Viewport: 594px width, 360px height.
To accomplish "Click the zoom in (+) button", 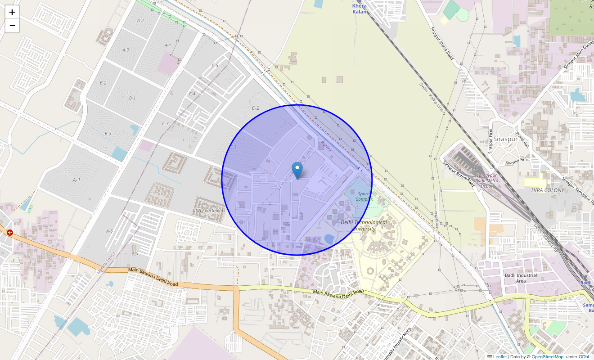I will click(x=12, y=12).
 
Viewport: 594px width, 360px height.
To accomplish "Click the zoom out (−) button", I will click(x=12, y=26).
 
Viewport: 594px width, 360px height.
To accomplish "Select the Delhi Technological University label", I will click(x=364, y=225).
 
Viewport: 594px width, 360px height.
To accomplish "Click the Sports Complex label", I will click(x=364, y=196).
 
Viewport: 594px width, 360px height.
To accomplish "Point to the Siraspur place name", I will click(x=505, y=139).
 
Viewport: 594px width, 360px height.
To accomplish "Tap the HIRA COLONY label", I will click(x=548, y=190).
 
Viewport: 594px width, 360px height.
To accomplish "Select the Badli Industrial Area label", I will click(x=520, y=278).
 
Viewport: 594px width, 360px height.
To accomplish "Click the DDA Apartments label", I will click(x=209, y=210).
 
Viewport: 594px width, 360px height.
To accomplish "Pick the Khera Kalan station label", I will click(x=360, y=9).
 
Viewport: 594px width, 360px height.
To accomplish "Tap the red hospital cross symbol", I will click(x=10, y=233).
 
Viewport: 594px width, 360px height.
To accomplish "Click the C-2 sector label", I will click(x=256, y=108).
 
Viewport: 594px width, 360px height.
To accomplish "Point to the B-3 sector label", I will click(x=108, y=134).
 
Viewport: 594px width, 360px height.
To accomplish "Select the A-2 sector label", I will click(x=140, y=21).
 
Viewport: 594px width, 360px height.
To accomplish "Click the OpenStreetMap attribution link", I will click(x=547, y=356).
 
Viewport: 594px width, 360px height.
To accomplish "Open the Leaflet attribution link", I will click(x=499, y=356).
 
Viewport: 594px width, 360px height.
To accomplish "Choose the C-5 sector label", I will click(x=215, y=66).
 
